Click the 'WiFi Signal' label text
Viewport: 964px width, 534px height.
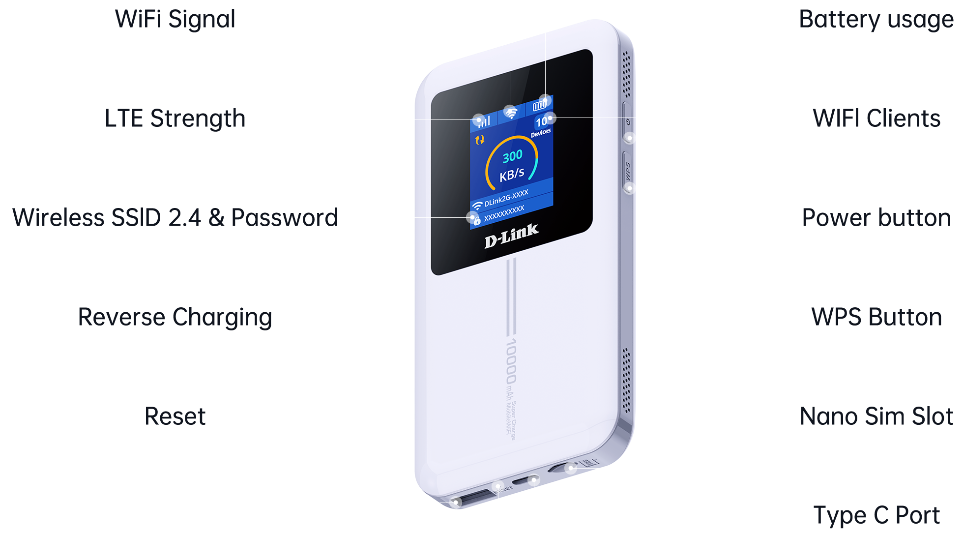point(175,20)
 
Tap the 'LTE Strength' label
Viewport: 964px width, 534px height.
point(175,119)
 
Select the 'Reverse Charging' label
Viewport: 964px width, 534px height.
point(175,317)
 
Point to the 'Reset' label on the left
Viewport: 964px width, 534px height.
point(175,416)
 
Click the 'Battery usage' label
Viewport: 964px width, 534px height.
point(876,20)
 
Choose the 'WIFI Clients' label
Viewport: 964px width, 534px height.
point(876,119)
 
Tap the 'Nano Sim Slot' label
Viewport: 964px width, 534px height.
point(876,416)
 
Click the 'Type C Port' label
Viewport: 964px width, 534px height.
point(876,515)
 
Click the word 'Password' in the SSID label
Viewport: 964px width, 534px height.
point(285,218)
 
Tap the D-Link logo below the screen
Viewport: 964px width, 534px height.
point(511,236)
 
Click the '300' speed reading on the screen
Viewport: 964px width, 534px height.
point(512,156)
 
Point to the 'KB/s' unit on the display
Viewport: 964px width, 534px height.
point(512,174)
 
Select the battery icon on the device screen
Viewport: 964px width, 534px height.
point(540,105)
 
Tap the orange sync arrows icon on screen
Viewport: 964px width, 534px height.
point(480,140)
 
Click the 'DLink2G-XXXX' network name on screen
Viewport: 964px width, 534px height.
point(506,198)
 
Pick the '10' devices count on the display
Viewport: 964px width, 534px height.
point(541,121)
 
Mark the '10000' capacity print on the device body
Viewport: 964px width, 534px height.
point(511,361)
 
